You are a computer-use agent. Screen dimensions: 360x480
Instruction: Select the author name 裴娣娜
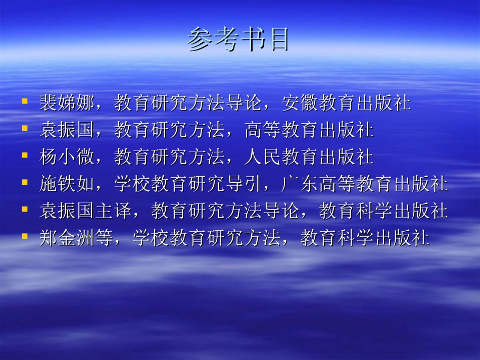coord(67,104)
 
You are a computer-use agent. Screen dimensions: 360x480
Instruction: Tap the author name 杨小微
coord(67,157)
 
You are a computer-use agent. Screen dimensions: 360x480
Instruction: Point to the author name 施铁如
coord(67,184)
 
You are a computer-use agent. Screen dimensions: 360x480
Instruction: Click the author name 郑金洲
coord(67,237)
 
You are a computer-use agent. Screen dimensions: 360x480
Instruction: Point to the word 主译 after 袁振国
coord(114,211)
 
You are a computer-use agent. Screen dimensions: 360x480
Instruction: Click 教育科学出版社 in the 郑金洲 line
coord(365,237)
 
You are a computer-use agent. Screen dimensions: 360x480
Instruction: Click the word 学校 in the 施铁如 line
coord(132,184)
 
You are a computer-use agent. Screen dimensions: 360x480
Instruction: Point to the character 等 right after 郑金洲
coord(104,237)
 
